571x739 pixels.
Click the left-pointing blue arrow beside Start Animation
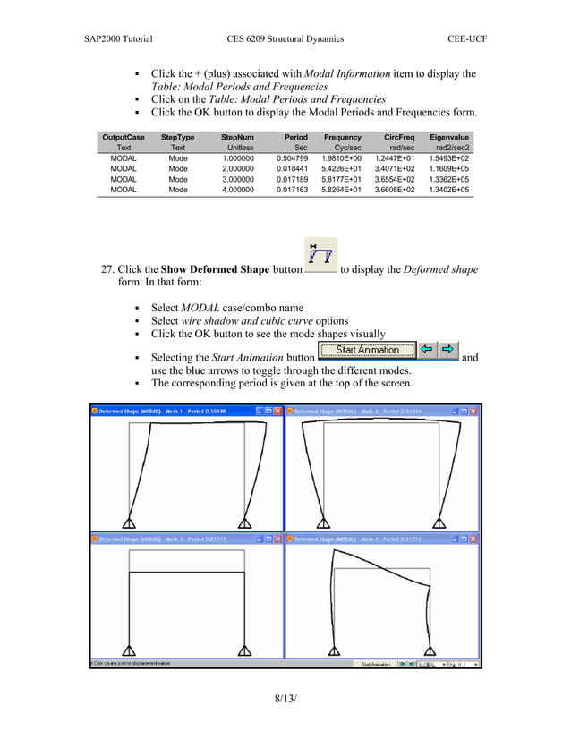pos(430,350)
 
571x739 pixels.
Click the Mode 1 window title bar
pos(170,410)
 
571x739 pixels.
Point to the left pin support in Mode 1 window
pos(129,523)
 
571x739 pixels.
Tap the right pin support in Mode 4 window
pos(430,651)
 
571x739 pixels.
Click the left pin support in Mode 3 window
pos(130,651)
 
